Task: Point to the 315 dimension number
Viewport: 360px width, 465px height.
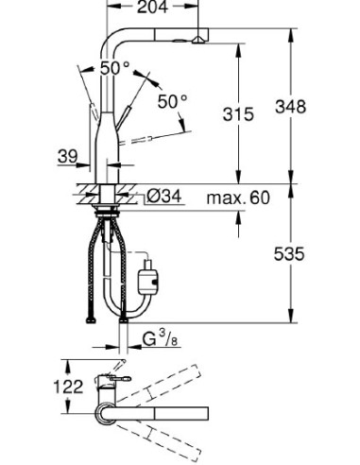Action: (237, 114)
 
